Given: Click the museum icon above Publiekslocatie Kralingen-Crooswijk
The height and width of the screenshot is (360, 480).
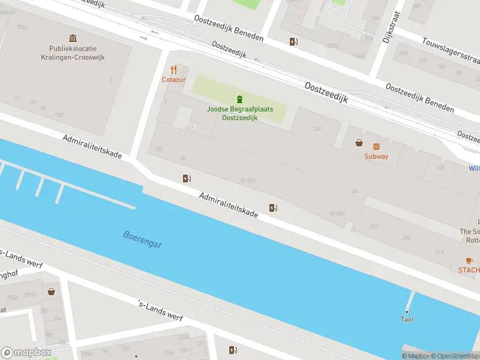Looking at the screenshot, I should pos(73,38).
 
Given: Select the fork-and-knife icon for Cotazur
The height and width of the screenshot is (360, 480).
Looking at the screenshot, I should pos(173,70).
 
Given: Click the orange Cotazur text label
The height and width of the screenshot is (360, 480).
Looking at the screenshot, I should pos(173,80).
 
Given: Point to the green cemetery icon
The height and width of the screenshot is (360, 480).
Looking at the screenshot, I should pos(240,99).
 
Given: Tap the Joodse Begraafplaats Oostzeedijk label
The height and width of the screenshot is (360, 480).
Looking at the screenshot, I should pos(240,113).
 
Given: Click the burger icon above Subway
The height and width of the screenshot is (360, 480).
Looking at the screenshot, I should pos(376,146).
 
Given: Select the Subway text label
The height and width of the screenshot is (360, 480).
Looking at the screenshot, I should pos(376,157).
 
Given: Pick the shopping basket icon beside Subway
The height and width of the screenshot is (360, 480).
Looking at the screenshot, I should pos(359,143).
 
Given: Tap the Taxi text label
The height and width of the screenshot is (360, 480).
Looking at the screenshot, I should pos(407,319).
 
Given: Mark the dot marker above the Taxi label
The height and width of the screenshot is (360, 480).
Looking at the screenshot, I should pos(407,311).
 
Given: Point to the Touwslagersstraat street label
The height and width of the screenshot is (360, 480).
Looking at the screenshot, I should pos(450,50).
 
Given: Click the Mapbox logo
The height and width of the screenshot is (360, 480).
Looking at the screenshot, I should pos(26,353).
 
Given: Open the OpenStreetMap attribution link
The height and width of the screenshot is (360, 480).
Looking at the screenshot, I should pos(454,356).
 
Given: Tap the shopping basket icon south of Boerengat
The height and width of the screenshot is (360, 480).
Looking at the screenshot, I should pos(52,292).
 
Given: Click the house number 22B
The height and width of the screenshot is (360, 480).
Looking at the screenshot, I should pos(316,128).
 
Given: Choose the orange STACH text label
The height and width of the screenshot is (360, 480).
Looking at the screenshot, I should pos(469,270).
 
